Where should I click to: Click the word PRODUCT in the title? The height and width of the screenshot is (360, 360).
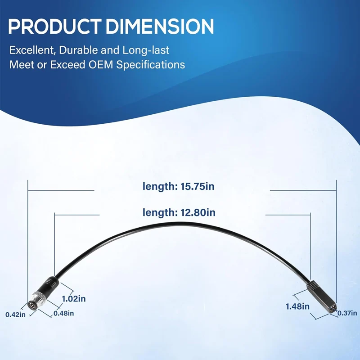[x=55, y=27]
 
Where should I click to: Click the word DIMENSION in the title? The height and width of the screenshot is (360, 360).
[x=160, y=27]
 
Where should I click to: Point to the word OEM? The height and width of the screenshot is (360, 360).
[x=101, y=64]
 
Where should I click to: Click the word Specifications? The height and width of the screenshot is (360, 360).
[x=151, y=65]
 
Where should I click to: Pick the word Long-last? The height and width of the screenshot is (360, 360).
[x=146, y=50]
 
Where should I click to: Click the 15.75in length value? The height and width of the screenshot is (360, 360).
[x=198, y=186]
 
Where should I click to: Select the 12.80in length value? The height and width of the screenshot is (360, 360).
[x=198, y=212]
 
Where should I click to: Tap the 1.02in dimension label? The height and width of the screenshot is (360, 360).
[x=74, y=299]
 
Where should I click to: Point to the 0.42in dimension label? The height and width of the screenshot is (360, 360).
[x=16, y=315]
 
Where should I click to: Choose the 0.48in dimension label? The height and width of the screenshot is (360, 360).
[x=64, y=313]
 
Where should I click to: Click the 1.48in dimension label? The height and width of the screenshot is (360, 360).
[x=297, y=306]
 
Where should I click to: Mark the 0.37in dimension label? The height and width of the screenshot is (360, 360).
[x=347, y=313]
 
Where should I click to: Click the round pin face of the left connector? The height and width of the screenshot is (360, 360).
[x=31, y=305]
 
